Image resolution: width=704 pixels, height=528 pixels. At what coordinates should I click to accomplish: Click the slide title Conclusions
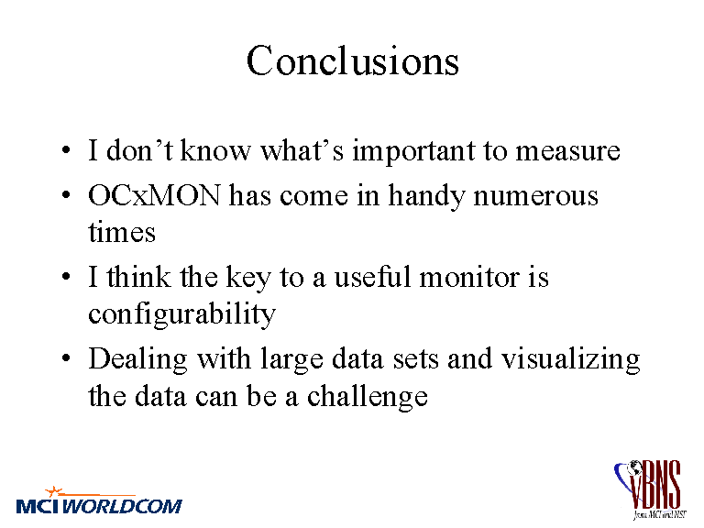353,60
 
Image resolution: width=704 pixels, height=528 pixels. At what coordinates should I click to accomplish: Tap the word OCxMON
154,195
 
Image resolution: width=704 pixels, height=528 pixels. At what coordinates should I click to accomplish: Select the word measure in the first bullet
567,151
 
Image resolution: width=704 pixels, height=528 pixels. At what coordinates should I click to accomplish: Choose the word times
122,232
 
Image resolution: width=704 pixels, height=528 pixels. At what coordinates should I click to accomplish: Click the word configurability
181,313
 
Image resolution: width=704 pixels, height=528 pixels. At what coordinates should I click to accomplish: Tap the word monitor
468,277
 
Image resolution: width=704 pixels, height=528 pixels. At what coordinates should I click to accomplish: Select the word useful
373,277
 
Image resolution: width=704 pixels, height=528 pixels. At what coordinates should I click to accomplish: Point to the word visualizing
570,359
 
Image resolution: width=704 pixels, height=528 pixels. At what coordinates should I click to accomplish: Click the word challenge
368,396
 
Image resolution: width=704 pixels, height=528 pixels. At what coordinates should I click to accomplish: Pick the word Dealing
137,359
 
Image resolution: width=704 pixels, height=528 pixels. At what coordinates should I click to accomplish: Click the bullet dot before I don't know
66,150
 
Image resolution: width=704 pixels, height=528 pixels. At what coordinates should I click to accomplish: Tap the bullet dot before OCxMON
66,195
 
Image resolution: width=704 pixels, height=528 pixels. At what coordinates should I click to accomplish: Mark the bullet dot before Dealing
66,358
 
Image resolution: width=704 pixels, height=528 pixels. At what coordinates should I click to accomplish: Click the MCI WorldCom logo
99,500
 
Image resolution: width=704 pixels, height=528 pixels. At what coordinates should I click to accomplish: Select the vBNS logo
650,489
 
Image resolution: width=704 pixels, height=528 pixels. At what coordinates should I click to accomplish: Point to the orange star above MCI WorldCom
54,491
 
